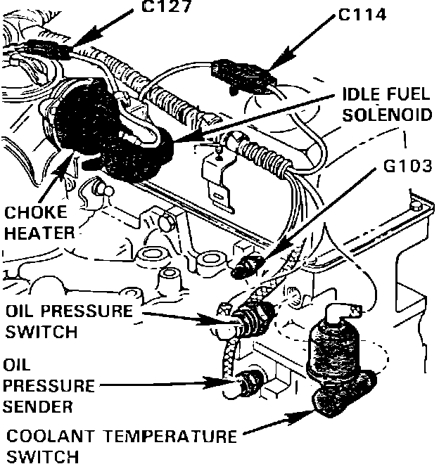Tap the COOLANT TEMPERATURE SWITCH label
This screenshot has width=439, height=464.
(x=120, y=446)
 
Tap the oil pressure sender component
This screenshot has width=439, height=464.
(x=248, y=383)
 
